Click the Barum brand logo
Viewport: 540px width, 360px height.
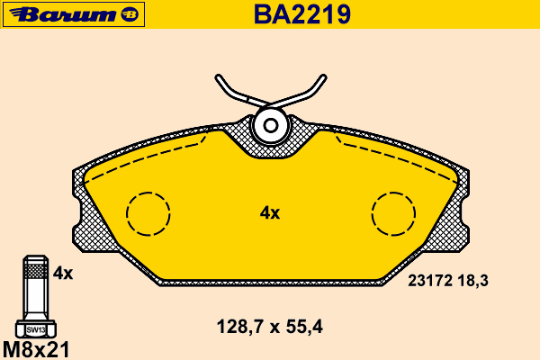click(74, 14)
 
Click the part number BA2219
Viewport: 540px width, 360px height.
click(302, 14)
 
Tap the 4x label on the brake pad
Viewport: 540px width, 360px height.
click(270, 213)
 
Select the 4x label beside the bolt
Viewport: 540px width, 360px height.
click(63, 274)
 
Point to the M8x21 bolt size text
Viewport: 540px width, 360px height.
click(36, 350)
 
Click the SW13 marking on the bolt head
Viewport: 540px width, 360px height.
click(36, 330)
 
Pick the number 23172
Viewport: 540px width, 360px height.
click(430, 281)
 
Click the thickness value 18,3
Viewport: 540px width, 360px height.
click(472, 281)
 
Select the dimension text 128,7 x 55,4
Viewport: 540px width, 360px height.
click(270, 327)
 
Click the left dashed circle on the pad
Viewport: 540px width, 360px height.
click(148, 193)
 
